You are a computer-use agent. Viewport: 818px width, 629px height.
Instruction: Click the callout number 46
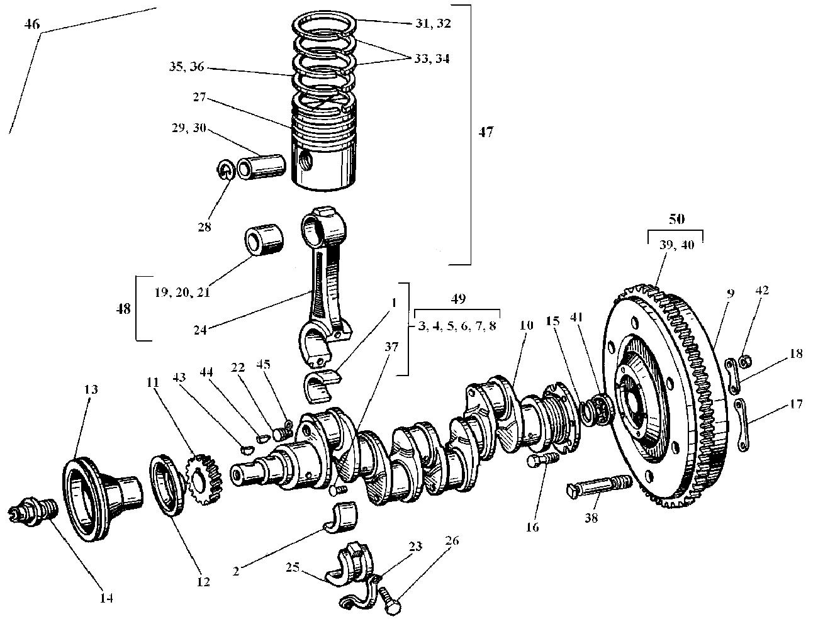pos(31,25)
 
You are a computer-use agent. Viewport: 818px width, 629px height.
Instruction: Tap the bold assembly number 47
pos(486,132)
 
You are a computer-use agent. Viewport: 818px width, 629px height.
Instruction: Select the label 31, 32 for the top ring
pos(434,23)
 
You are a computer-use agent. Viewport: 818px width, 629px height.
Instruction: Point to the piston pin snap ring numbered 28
pos(228,170)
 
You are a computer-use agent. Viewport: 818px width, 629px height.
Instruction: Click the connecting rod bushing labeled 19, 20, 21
pos(262,242)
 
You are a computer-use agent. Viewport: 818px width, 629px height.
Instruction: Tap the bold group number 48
pos(124,308)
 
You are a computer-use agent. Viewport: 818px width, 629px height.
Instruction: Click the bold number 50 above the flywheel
pos(676,219)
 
